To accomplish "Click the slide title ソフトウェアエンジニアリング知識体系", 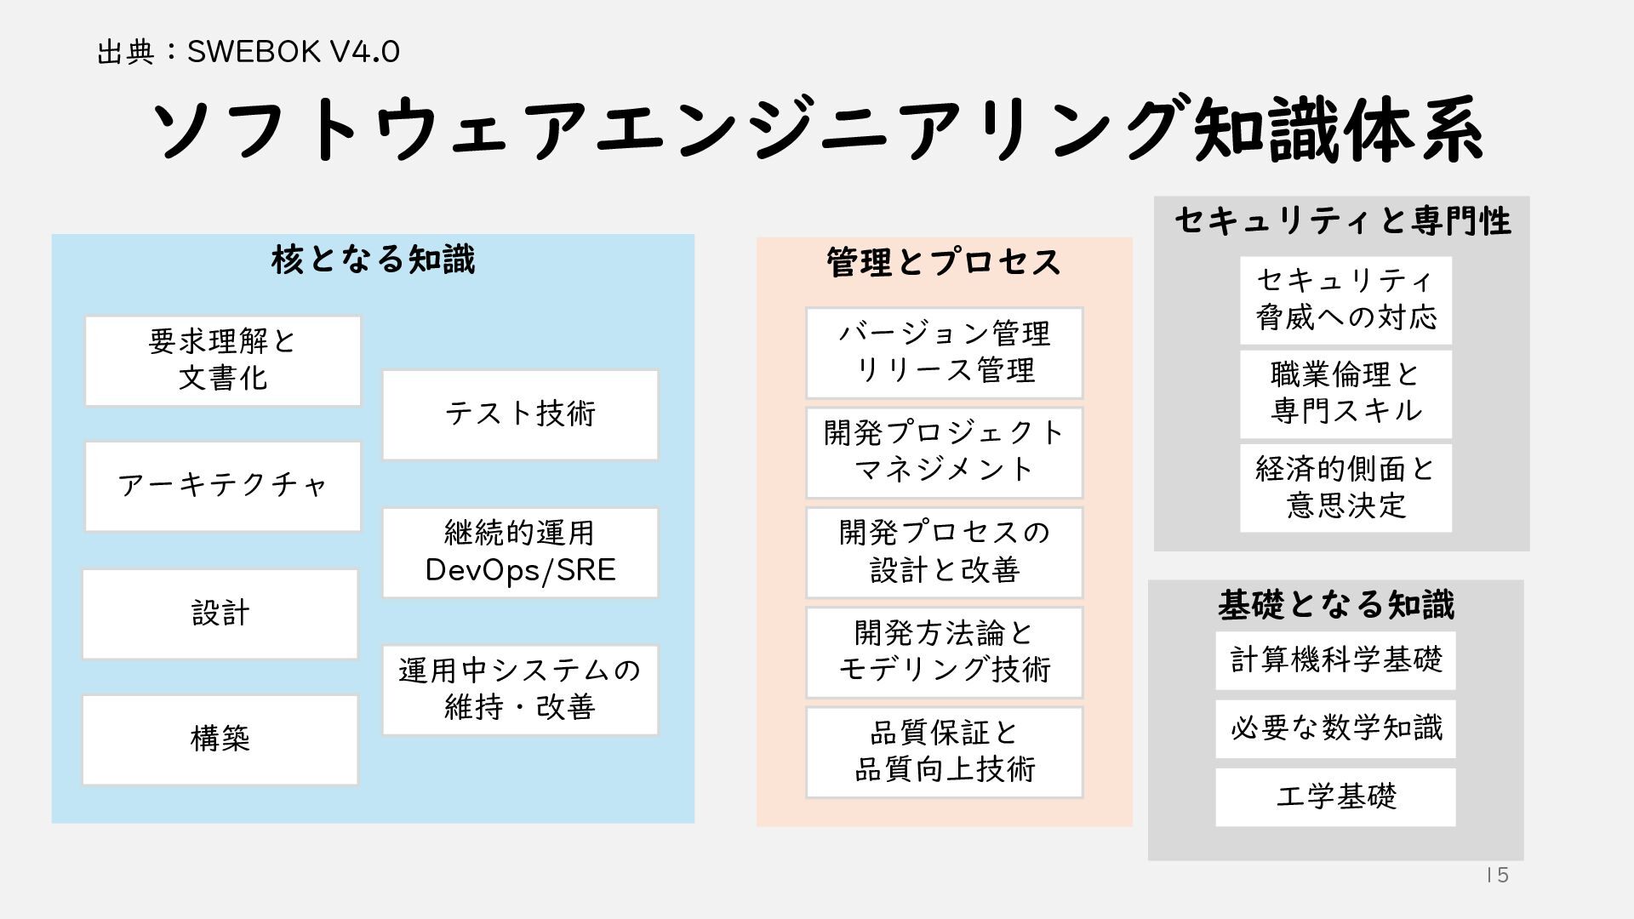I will coord(817,130).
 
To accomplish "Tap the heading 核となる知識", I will coord(373,260).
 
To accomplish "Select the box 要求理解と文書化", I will coord(222,361).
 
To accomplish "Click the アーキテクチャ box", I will coord(222,486).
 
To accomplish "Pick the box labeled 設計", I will coord(220,614).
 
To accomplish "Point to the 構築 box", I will coord(220,739).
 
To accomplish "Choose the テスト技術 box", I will coord(520,414).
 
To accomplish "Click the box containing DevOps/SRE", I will coord(520,552).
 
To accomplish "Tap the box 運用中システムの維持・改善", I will coord(520,689).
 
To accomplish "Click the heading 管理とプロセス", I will coord(944,262).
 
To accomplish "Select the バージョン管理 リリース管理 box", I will coord(944,352).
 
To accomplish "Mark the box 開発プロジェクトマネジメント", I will coord(944,452).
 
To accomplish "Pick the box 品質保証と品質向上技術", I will coord(944,752).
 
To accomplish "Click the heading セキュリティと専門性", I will coord(1342,221).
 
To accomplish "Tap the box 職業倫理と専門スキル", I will coord(1345,394).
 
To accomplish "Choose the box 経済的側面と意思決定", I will coord(1345,488).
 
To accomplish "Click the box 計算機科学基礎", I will coord(1335,660).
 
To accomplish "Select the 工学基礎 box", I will coord(1335,797).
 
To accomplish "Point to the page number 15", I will coord(1497,876).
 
